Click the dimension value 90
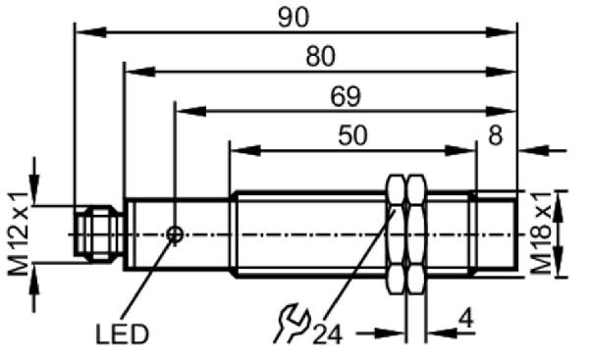click(x=294, y=18)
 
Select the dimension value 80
click(x=320, y=56)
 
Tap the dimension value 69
click(x=346, y=96)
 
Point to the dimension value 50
click(x=352, y=135)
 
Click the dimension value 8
click(x=495, y=135)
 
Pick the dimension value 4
click(x=465, y=319)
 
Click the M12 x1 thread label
click(x=19, y=233)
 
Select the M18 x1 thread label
click(x=542, y=232)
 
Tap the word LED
click(x=123, y=334)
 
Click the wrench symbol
click(x=292, y=324)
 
